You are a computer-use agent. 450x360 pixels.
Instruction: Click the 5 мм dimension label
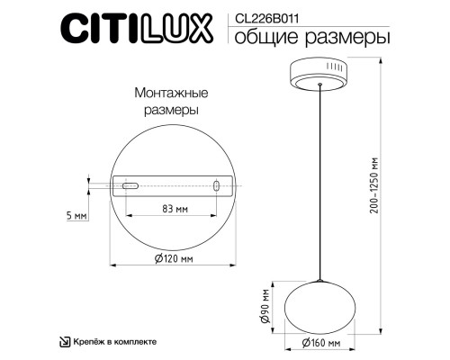coord(77,217)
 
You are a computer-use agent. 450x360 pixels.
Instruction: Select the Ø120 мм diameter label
coord(174,259)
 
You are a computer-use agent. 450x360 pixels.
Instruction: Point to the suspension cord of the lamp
coord(321,180)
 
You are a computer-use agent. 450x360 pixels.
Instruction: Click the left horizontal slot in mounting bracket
coord(130,185)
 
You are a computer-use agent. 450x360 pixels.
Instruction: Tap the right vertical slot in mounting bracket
coord(216,185)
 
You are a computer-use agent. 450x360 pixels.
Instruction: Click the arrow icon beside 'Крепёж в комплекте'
coord(65,341)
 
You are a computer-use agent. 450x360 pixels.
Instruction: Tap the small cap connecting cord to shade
coord(321,280)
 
